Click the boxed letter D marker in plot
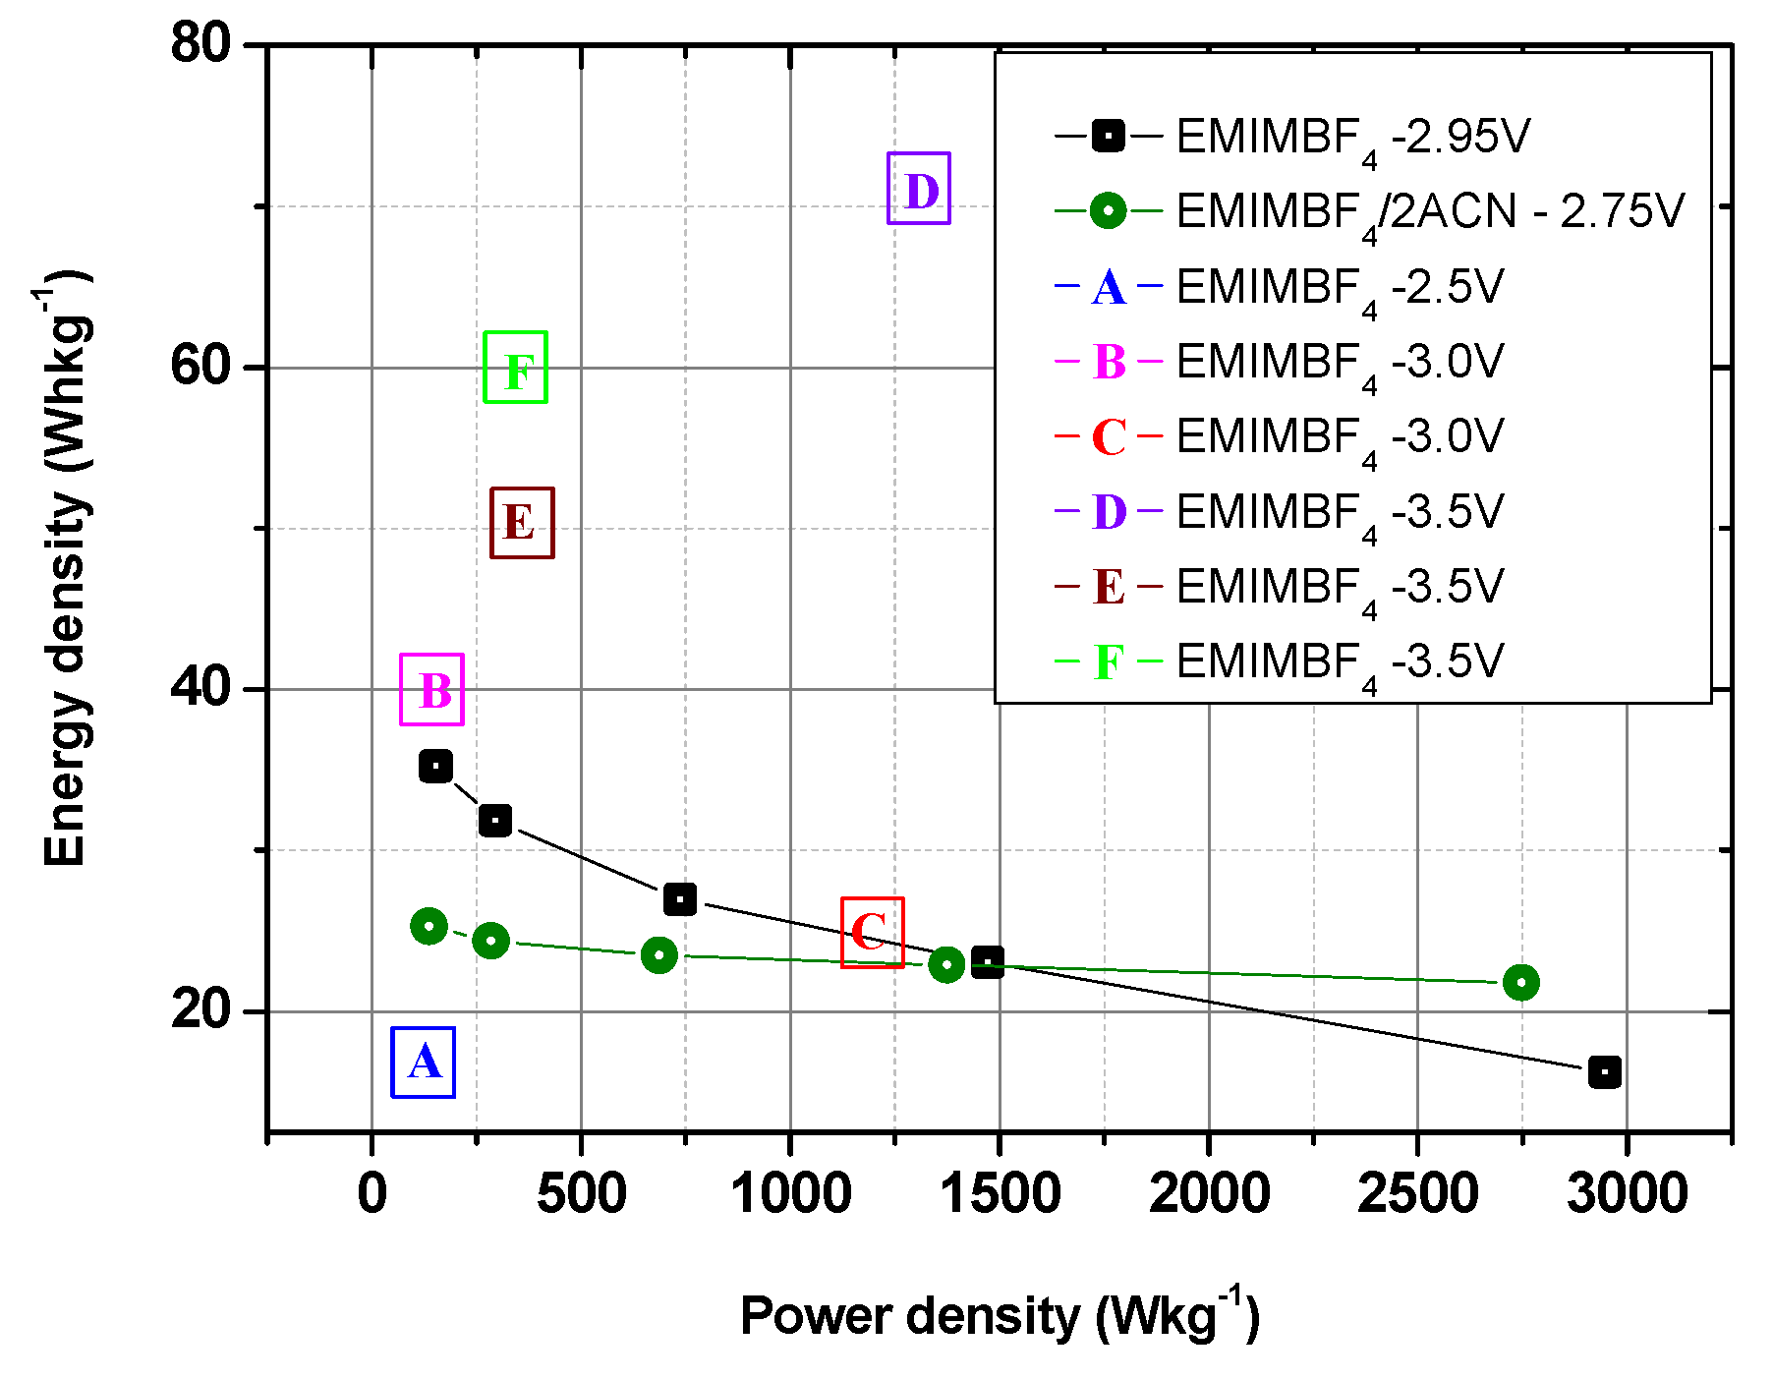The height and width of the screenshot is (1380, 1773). pyautogui.click(x=918, y=189)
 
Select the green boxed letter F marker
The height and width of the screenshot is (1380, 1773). pyautogui.click(x=515, y=368)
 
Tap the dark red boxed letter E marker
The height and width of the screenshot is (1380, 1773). pyautogui.click(x=522, y=523)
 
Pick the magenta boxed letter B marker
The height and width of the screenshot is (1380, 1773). pyautogui.click(x=431, y=690)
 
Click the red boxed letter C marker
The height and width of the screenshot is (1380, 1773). pyautogui.click(x=872, y=933)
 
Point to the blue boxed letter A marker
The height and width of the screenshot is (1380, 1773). pyautogui.click(x=423, y=1063)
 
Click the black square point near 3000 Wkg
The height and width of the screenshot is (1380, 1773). pyautogui.click(x=1604, y=1072)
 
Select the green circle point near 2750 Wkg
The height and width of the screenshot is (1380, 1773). pyautogui.click(x=1520, y=982)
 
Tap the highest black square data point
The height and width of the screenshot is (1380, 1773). pyautogui.click(x=435, y=766)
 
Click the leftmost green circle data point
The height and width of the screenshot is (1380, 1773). pyautogui.click(x=429, y=926)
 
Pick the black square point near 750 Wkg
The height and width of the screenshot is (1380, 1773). pyautogui.click(x=679, y=898)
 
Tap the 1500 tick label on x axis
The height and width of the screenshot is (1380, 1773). pyautogui.click(x=1000, y=1193)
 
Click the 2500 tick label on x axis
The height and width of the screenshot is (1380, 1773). pyautogui.click(x=1417, y=1193)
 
